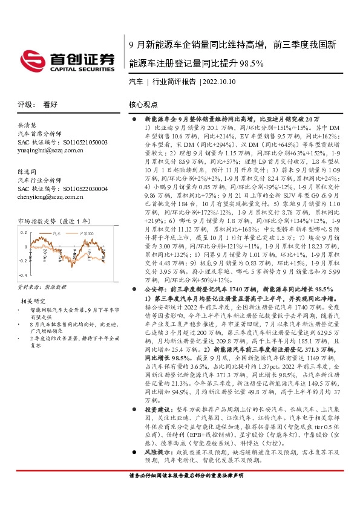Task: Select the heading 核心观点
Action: point(143,104)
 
